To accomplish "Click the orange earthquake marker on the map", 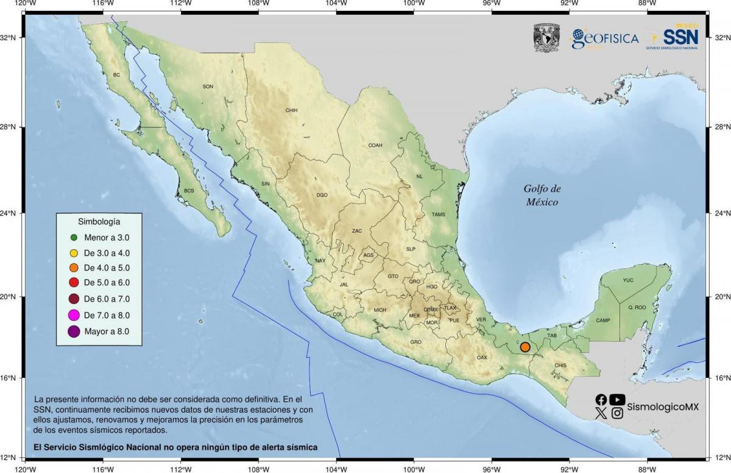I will pyautogui.click(x=525, y=347).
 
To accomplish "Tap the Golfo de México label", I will pyautogui.click(x=542, y=195).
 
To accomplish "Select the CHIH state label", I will pyautogui.click(x=291, y=110).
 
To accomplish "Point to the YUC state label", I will pyautogui.click(x=628, y=280).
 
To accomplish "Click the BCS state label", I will pyautogui.click(x=189, y=191).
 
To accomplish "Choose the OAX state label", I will pyautogui.click(x=482, y=357).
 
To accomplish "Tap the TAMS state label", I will pyautogui.click(x=439, y=215).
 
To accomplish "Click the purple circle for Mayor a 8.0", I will pyautogui.click(x=74, y=332).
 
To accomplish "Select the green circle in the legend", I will pyautogui.click(x=74, y=237).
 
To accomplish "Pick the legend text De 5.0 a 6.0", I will pyautogui.click(x=106, y=283).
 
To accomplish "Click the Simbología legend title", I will pyautogui.click(x=99, y=221).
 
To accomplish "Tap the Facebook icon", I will pyautogui.click(x=601, y=400).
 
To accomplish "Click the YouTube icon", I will pyautogui.click(x=617, y=400).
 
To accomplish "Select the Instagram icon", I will pyautogui.click(x=617, y=413).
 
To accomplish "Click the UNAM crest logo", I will pyautogui.click(x=546, y=38).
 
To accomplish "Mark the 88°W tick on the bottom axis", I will pyautogui.click(x=647, y=469).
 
